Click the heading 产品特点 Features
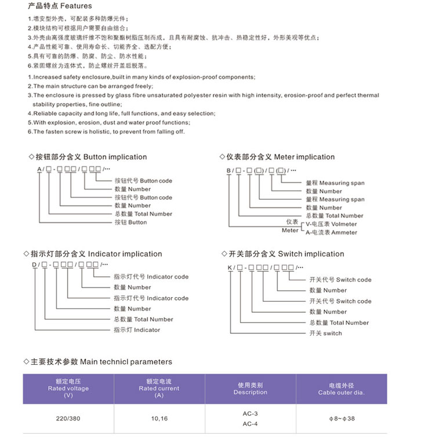coord(60,6)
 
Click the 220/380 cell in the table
coord(68,418)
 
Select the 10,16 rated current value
coord(159,418)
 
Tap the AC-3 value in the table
coord(250,414)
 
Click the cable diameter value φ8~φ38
coord(341,418)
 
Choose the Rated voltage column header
coord(68,389)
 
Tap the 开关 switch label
coord(325,334)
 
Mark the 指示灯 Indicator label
coord(137,330)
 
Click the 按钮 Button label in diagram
coord(130,222)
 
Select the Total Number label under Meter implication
coord(336,216)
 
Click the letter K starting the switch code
coord(230,267)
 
